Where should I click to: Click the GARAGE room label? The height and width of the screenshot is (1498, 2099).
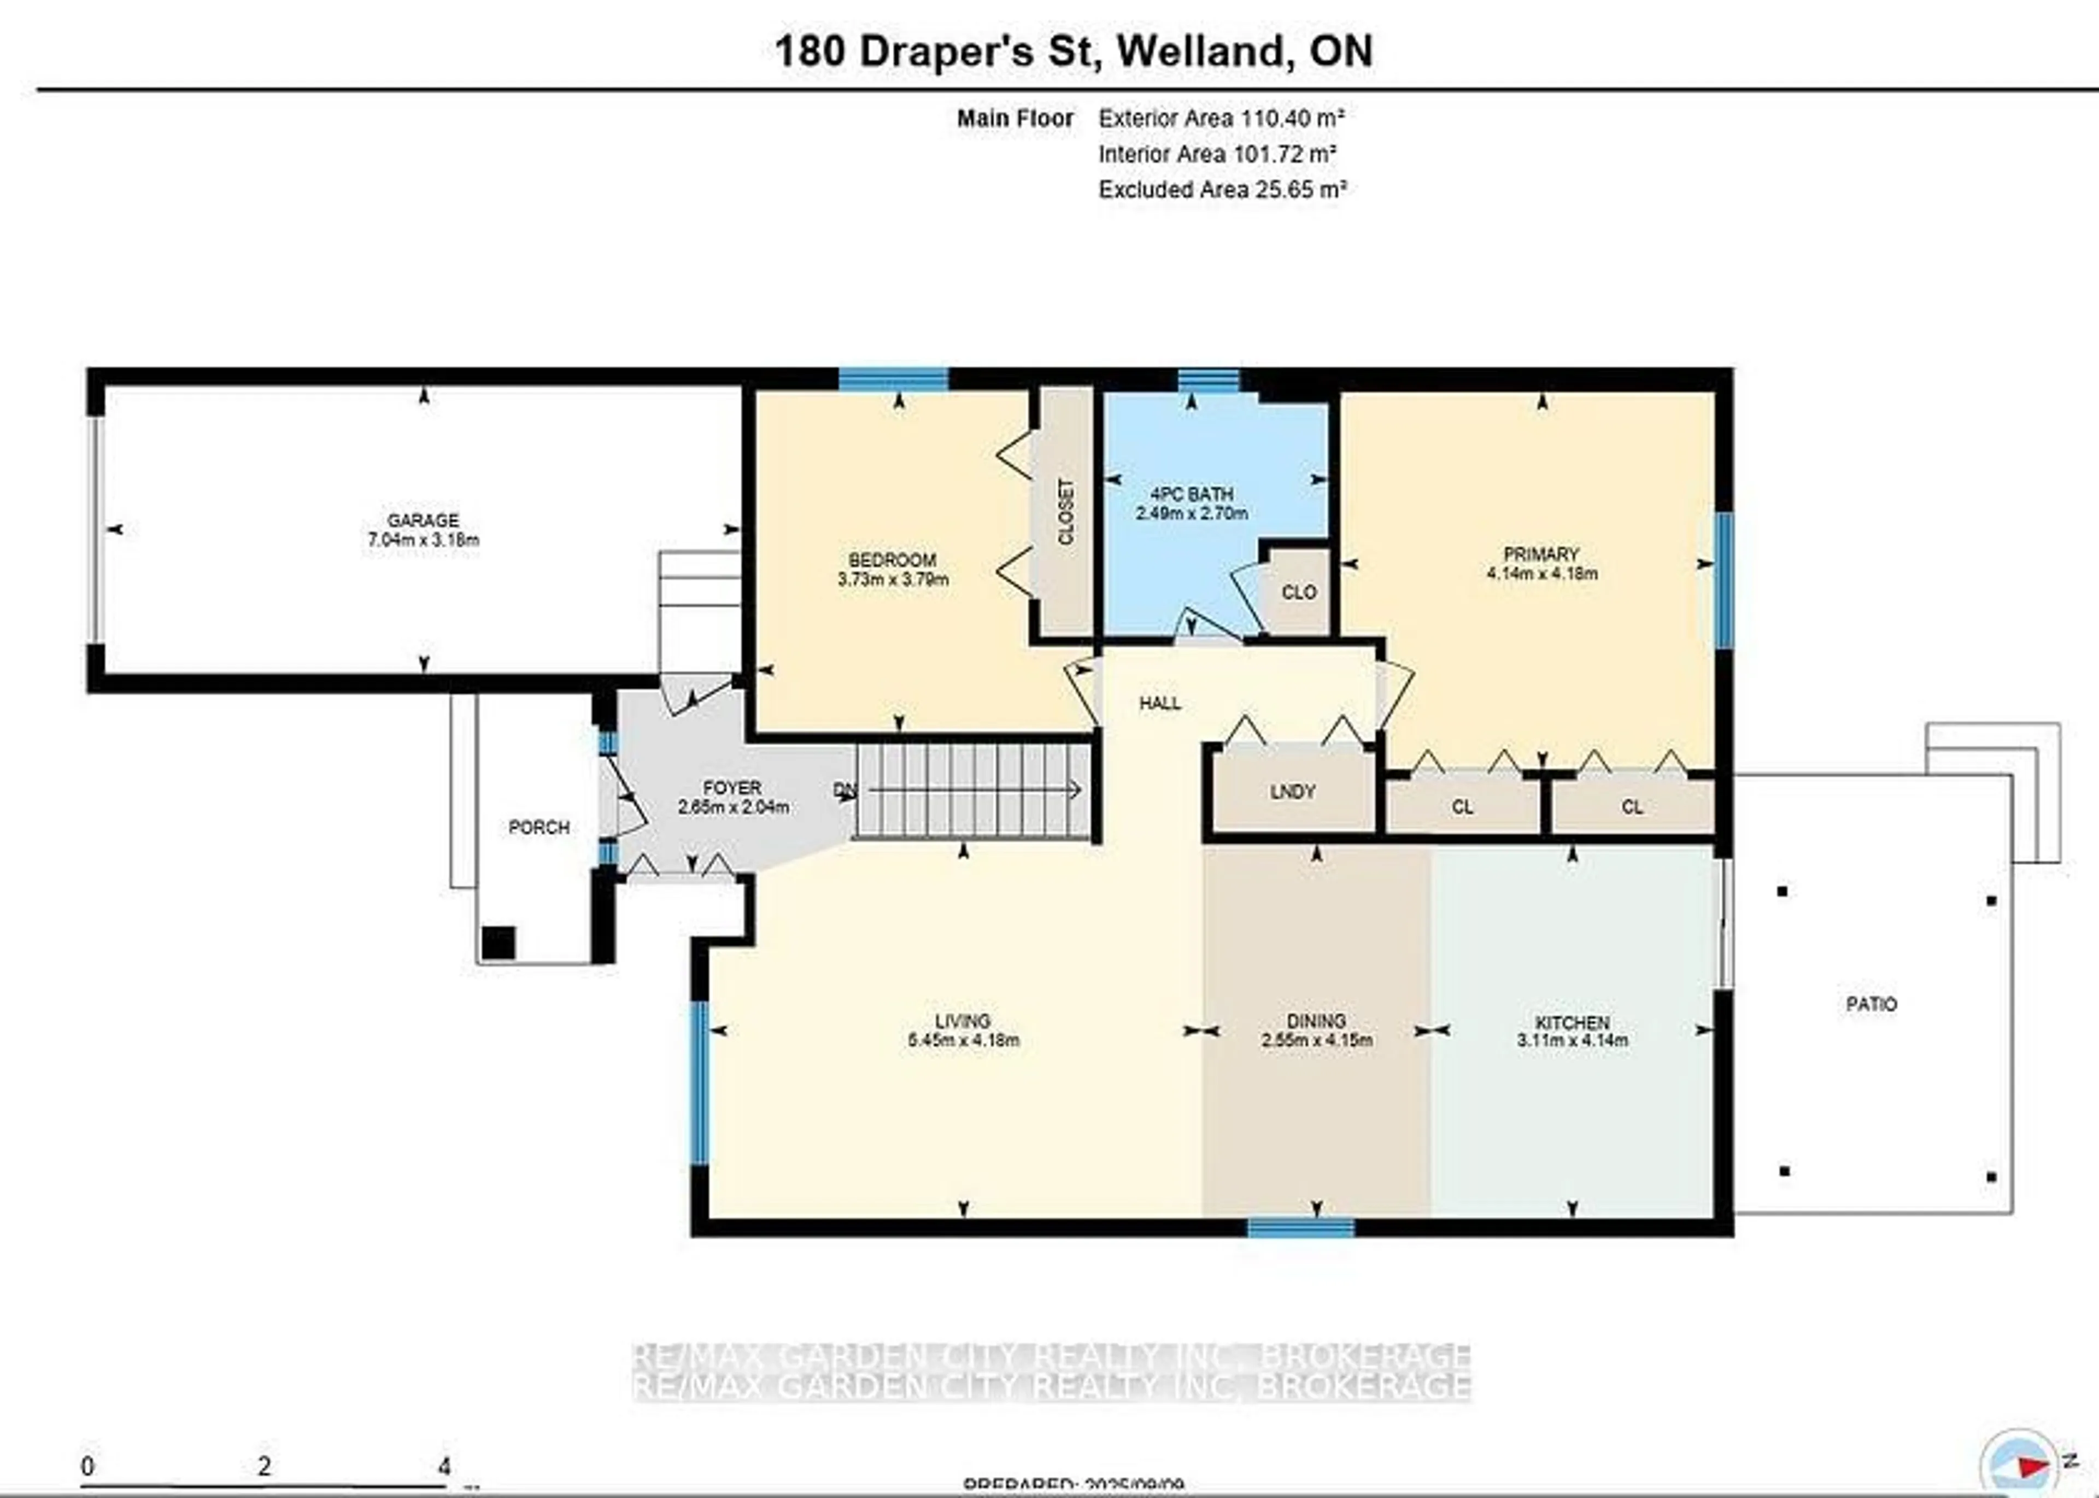tap(423, 520)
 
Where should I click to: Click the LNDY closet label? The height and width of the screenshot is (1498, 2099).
tap(1292, 792)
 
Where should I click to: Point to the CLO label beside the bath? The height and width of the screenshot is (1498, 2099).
tap(1299, 592)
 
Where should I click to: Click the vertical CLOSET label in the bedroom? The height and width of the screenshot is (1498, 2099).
tap(1065, 511)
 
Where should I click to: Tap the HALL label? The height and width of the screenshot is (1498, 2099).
tap(1159, 704)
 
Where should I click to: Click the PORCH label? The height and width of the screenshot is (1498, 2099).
tap(538, 827)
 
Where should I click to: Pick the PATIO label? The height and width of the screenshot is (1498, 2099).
tap(1871, 1004)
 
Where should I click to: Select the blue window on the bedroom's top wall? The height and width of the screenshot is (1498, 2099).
tap(893, 379)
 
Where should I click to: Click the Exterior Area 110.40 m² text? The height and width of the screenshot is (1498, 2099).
tap(1220, 118)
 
